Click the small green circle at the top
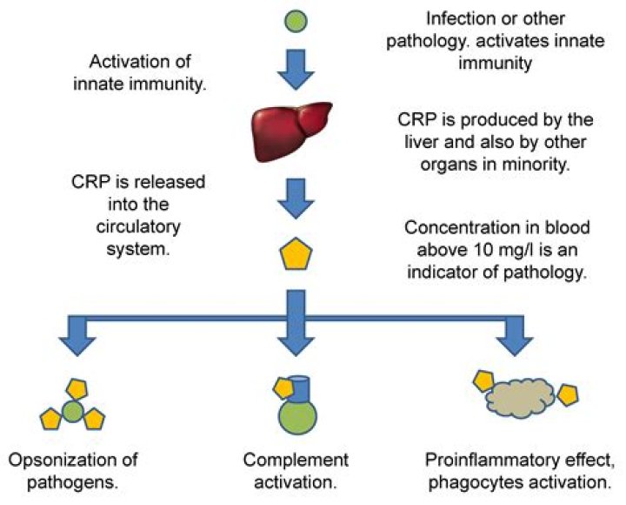coord(296,21)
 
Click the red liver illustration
coord(291,131)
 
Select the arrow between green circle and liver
coord(296,70)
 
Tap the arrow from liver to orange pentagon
coord(296,199)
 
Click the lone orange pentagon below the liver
coord(296,254)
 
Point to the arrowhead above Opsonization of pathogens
coord(77,347)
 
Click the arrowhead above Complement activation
coord(296,347)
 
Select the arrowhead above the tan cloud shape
coord(515,347)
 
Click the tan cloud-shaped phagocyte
coord(520,398)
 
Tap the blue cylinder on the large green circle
coord(299,389)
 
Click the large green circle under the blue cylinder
coord(297,416)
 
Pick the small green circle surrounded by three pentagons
coord(73,412)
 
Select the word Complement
coord(296,460)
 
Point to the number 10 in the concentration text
coord(483,250)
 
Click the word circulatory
coord(138,226)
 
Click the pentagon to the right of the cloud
coord(568,395)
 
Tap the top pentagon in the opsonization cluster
coord(77,389)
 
